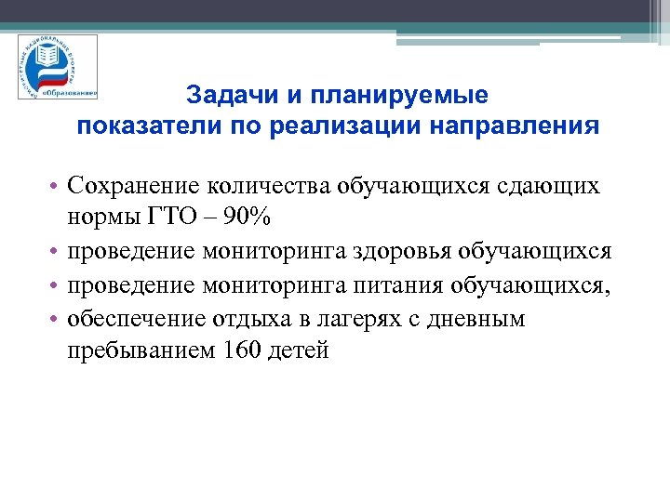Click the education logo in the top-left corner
point(57,67)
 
